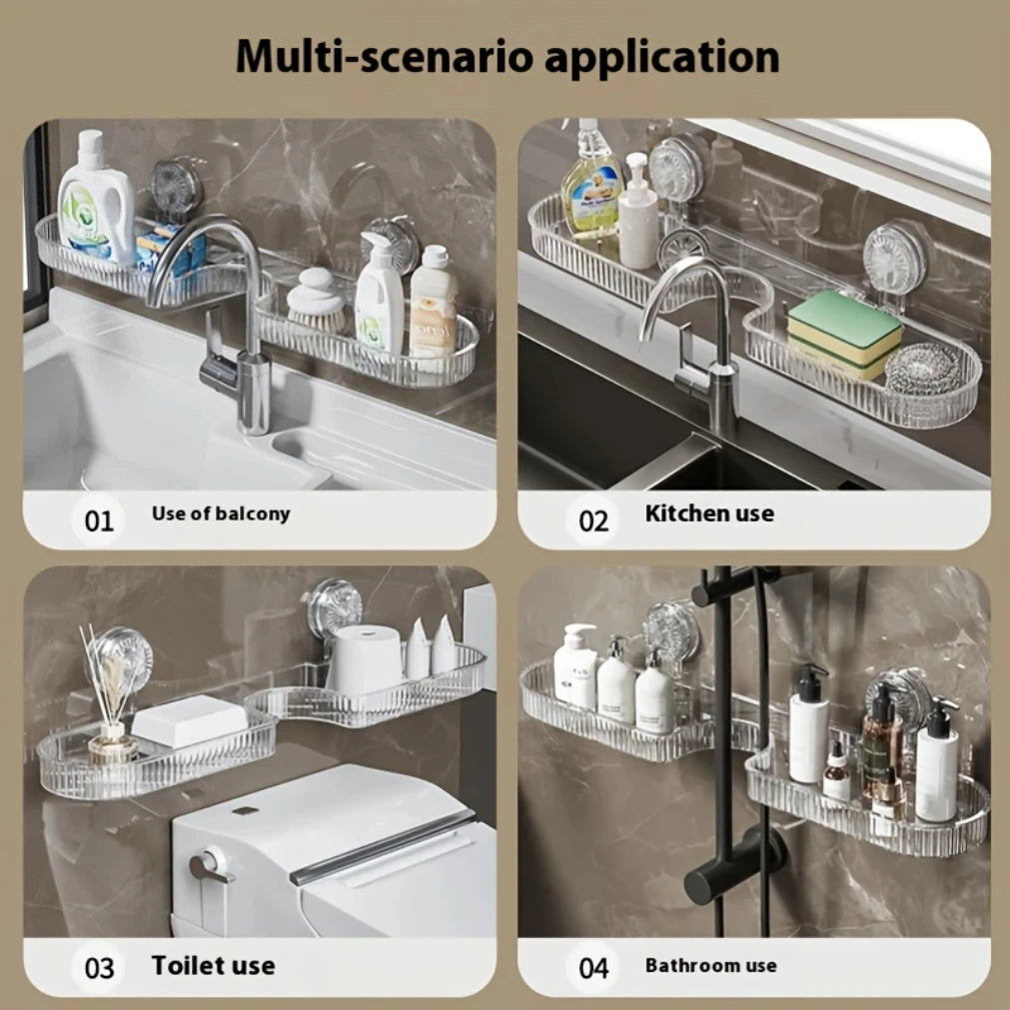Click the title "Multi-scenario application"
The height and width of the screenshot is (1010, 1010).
[506, 57]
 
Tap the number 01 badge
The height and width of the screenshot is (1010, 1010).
[99, 520]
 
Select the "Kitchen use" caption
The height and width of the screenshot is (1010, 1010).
[709, 513]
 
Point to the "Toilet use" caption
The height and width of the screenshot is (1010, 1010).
[213, 965]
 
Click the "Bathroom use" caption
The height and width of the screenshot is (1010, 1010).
[710, 965]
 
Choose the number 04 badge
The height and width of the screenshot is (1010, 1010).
[593, 968]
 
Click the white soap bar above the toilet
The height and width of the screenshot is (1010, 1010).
[190, 719]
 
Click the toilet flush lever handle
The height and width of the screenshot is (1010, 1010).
[210, 864]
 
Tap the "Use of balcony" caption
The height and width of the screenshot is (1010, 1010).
[221, 513]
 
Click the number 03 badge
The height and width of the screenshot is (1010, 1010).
[99, 968]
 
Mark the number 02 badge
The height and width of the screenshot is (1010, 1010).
[593, 520]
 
